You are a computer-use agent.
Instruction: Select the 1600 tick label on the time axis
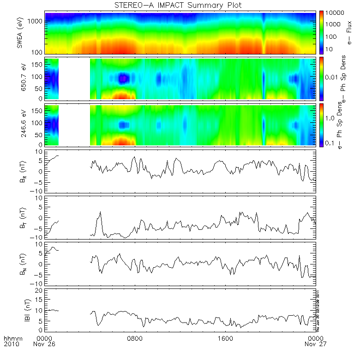(x=226, y=338)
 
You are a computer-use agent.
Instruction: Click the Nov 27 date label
(x=316, y=344)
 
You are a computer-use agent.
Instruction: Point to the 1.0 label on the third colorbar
(x=330, y=118)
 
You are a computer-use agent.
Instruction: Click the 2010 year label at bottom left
(x=11, y=344)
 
